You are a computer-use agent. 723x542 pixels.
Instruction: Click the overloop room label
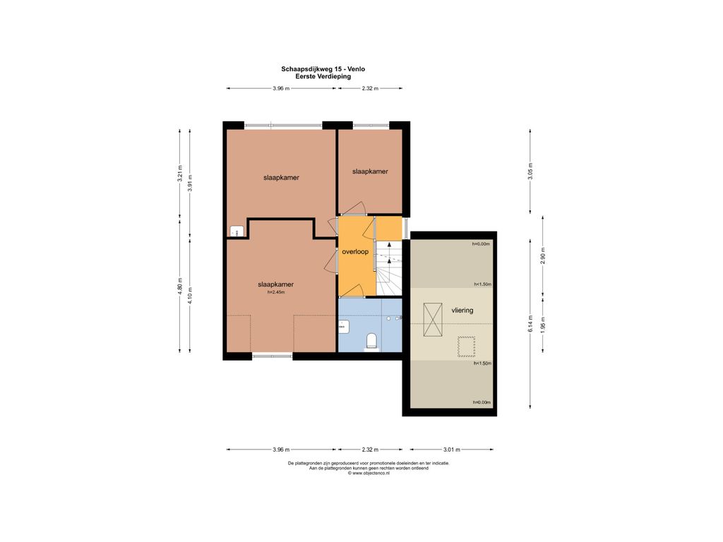point(355,252)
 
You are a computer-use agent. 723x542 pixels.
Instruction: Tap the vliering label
point(462,311)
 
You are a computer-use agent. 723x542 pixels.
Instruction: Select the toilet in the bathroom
point(371,342)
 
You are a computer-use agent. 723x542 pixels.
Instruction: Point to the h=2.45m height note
point(276,292)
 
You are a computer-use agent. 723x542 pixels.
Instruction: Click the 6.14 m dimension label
point(530,324)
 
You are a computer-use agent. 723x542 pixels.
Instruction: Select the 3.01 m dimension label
point(451,450)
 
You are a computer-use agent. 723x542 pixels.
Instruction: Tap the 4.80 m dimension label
point(180,287)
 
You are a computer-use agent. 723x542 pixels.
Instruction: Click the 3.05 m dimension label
point(530,171)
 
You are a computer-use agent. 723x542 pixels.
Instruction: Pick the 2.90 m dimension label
point(543,258)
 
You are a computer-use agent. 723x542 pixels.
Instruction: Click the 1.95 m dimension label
point(543,325)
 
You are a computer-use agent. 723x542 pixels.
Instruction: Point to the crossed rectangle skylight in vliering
point(433,320)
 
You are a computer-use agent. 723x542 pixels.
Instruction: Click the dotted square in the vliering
point(466,347)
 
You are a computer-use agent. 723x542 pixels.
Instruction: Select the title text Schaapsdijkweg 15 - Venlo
point(323,69)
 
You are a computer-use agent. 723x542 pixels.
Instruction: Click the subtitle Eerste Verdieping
point(323,76)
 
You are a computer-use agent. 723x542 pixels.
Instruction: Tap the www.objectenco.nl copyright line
point(369,474)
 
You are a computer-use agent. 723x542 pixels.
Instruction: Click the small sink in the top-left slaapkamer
point(237,231)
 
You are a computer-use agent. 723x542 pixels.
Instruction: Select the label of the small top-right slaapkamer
point(370,171)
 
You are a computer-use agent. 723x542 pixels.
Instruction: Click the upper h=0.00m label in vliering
point(481,244)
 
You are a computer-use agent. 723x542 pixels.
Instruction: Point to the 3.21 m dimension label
point(180,174)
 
